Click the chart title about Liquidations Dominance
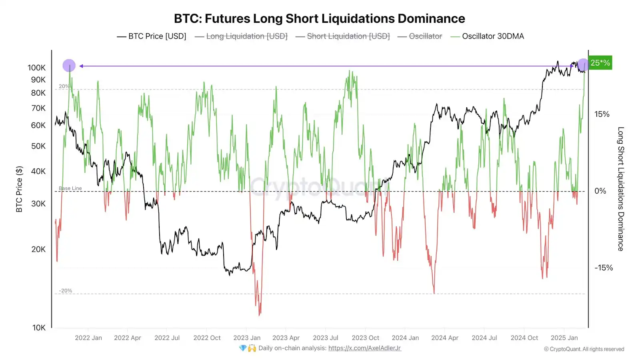coord(319,18)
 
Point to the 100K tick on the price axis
coord(37,68)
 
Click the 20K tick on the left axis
coord(39,249)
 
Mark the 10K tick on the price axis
coord(39,328)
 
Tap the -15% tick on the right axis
coord(603,268)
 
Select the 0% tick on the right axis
coord(600,191)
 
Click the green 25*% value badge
coord(600,63)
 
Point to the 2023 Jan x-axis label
coord(247,338)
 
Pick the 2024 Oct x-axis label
coord(524,338)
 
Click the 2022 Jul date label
coord(167,338)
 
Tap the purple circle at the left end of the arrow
coord(69,66)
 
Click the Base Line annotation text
coord(70,188)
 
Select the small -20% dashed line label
coord(66,291)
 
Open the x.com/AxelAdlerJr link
coord(364,348)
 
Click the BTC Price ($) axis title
coord(19,189)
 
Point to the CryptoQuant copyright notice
coord(584,349)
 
